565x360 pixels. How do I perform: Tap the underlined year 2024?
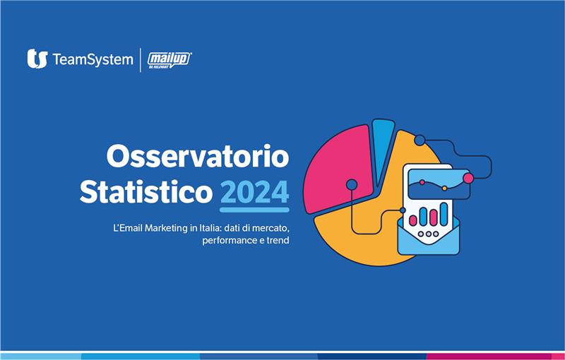[x=254, y=192]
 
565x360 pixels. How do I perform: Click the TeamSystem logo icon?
[x=37, y=59]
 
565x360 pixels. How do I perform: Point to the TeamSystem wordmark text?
[x=92, y=60]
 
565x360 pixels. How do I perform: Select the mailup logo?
[x=169, y=60]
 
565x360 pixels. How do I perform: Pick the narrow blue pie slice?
[x=381, y=145]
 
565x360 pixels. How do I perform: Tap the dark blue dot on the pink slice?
[x=352, y=185]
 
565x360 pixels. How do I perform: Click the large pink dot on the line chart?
[x=468, y=178]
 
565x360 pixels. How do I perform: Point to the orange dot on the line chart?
[x=444, y=188]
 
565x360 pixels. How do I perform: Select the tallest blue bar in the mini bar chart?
[x=444, y=213]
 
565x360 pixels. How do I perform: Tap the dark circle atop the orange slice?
[x=420, y=140]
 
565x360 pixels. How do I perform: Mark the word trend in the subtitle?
[x=277, y=241]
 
